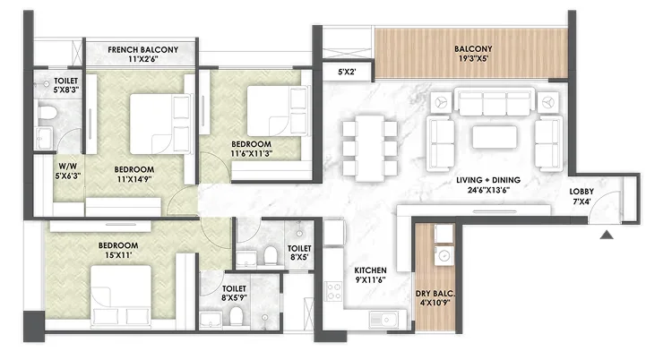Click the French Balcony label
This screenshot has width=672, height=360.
pyautogui.click(x=142, y=50)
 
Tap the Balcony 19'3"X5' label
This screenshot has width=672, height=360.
pyautogui.click(x=473, y=54)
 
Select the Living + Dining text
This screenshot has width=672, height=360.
pyautogui.click(x=488, y=180)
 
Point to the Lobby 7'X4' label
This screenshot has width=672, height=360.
pyautogui.click(x=582, y=196)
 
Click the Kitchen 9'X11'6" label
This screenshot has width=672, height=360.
pyautogui.click(x=370, y=275)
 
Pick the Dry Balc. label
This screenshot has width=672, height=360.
pyautogui.click(x=435, y=294)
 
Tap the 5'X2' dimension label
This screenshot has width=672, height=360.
pyautogui.click(x=347, y=72)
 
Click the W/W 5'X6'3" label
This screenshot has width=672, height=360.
pyautogui.click(x=68, y=170)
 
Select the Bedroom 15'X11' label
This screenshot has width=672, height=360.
pyautogui.click(x=118, y=250)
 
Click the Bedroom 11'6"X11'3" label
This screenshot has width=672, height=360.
pyautogui.click(x=252, y=149)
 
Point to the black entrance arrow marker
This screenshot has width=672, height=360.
pyautogui.click(x=607, y=235)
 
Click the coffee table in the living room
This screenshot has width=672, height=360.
pyautogui.click(x=494, y=137)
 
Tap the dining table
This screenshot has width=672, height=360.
pyautogui.click(x=370, y=147)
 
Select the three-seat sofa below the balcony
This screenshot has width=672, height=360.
pyautogui.click(x=495, y=101)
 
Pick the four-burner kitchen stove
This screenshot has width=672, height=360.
pyautogui.click(x=333, y=291)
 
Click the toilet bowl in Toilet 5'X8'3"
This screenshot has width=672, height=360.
pyautogui.click(x=47, y=113)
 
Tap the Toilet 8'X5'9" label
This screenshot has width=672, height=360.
pyautogui.click(x=234, y=293)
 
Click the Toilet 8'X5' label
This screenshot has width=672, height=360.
pyautogui.click(x=299, y=253)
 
